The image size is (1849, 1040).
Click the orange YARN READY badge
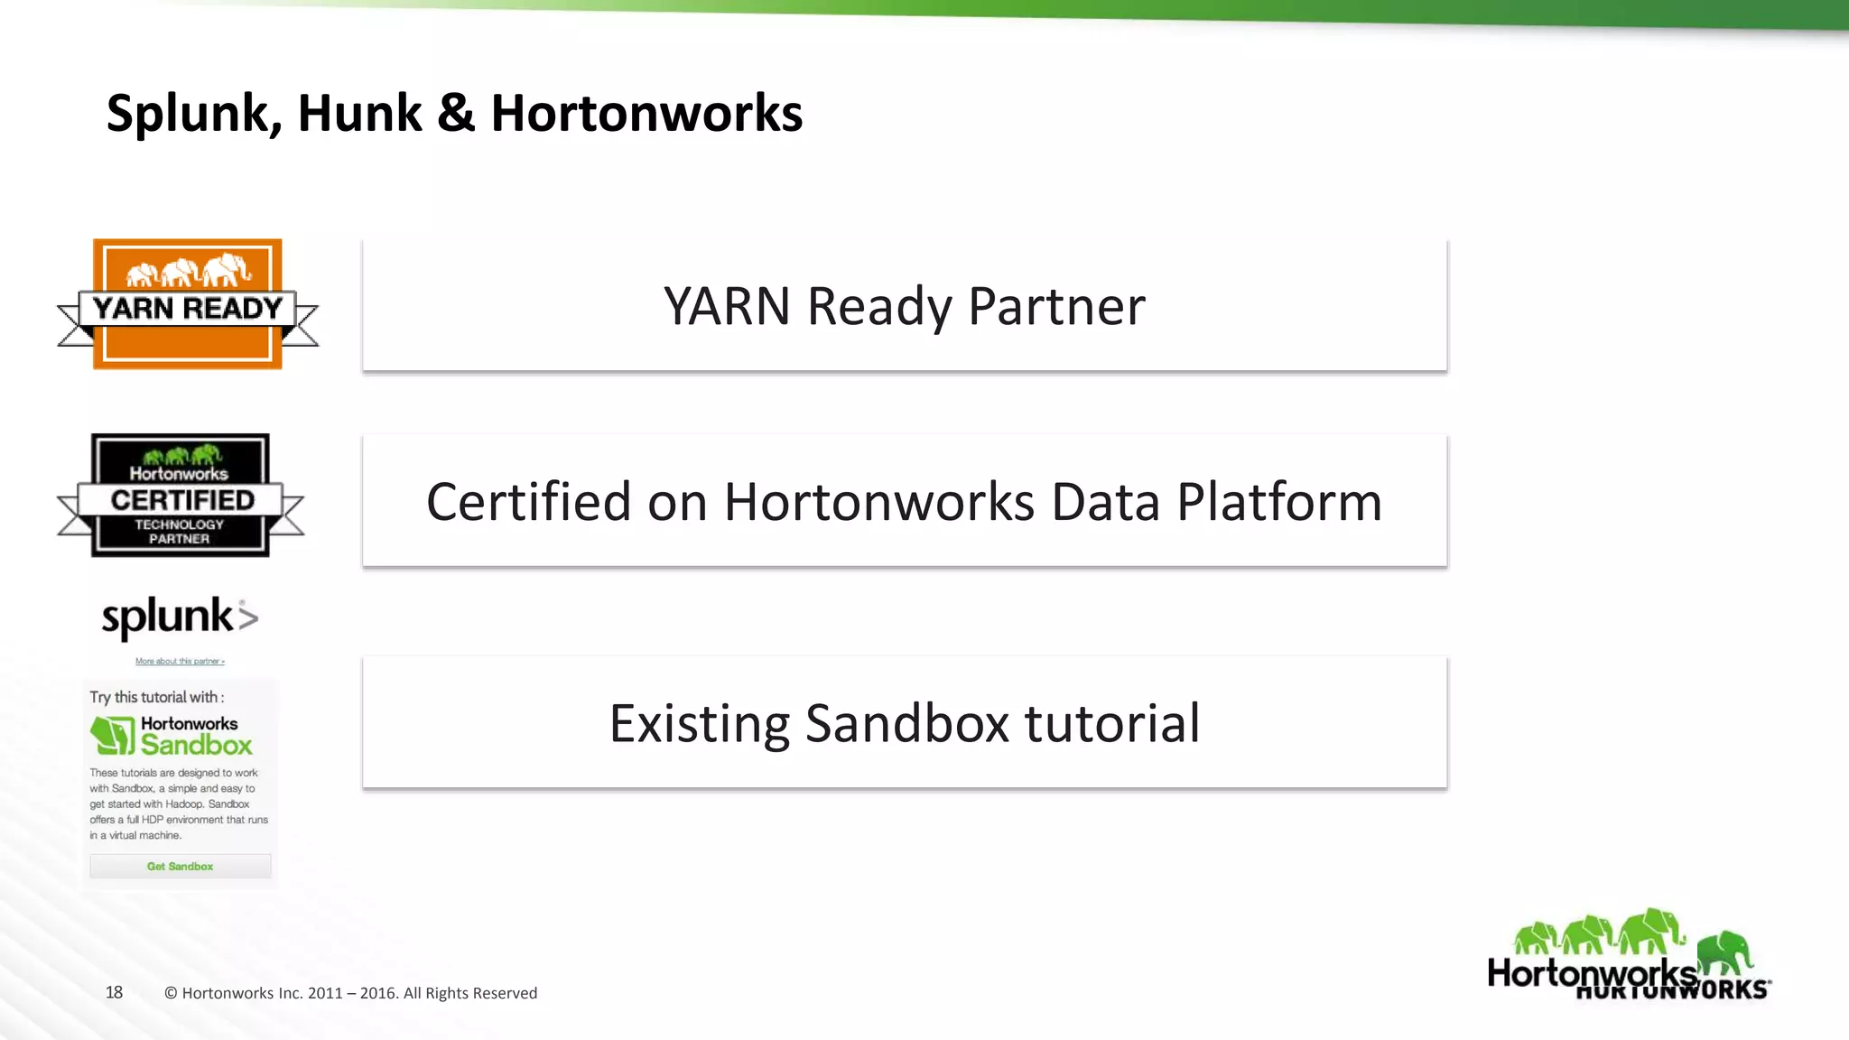click(188, 305)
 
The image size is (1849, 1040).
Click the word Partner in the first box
click(1056, 306)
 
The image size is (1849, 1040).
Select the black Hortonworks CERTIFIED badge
click(181, 496)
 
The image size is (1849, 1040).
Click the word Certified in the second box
click(528, 502)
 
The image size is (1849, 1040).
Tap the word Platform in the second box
click(1279, 502)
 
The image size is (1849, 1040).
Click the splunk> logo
click(180, 618)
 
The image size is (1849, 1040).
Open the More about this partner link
click(180, 661)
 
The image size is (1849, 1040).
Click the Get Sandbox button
click(180, 866)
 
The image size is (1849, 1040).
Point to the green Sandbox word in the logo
click(196, 745)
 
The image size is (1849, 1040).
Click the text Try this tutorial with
click(156, 697)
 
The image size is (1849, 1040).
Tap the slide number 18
click(114, 992)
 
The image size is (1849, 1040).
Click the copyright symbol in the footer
click(171, 993)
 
